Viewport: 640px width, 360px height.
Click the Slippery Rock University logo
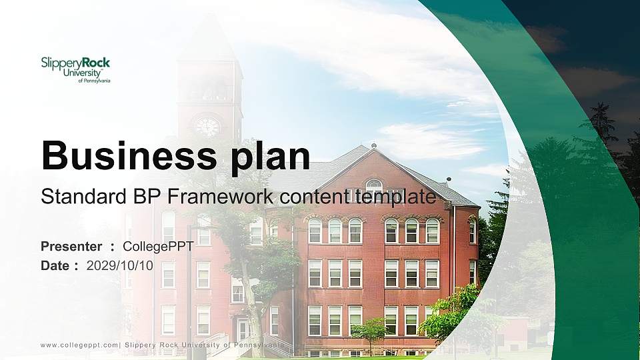coord(75,69)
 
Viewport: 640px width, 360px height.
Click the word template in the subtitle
coord(395,197)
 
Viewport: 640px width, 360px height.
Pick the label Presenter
coord(71,247)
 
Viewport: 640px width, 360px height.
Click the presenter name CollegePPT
coord(158,247)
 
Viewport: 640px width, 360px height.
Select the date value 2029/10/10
coord(120,265)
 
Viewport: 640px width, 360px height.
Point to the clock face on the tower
coord(207,127)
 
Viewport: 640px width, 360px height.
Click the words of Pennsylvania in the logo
coord(94,81)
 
